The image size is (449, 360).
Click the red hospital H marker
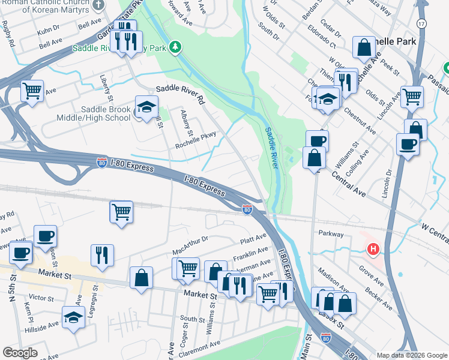[373, 248]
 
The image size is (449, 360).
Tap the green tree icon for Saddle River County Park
[175, 46]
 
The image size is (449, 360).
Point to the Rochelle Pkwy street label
[195, 141]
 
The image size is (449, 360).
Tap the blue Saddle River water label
[273, 146]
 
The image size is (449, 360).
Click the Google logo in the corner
[20, 353]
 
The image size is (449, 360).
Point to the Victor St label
[41, 298]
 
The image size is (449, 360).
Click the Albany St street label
[186, 124]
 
